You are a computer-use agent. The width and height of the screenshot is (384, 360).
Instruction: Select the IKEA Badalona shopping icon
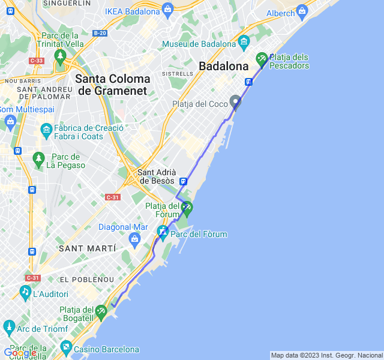pyautogui.click(x=167, y=10)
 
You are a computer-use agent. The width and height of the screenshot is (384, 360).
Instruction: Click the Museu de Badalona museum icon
pyautogui.click(x=244, y=42)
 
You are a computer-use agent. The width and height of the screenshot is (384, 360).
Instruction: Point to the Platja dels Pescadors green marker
pyautogui.click(x=262, y=59)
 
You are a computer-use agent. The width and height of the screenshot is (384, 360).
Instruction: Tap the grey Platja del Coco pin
pyautogui.click(x=236, y=101)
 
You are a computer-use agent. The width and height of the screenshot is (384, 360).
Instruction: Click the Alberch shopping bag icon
pyautogui.click(x=302, y=11)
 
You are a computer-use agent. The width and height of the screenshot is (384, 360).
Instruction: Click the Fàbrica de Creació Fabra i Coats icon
pyautogui.click(x=46, y=130)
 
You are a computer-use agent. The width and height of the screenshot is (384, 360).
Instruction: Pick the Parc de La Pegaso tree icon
pyautogui.click(x=39, y=158)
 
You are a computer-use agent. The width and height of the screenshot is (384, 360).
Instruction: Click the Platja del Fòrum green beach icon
pyautogui.click(x=187, y=208)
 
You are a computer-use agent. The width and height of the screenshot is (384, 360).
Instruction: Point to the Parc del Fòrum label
pyautogui.click(x=199, y=234)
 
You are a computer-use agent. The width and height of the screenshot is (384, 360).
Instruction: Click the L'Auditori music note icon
pyautogui.click(x=25, y=292)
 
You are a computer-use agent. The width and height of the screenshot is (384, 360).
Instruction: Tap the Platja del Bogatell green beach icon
pyautogui.click(x=101, y=311)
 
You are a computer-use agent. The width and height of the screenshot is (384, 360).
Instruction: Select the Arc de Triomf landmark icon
pyautogui.click(x=9, y=328)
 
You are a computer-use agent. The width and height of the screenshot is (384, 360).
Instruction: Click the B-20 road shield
pyautogui.click(x=100, y=33)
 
